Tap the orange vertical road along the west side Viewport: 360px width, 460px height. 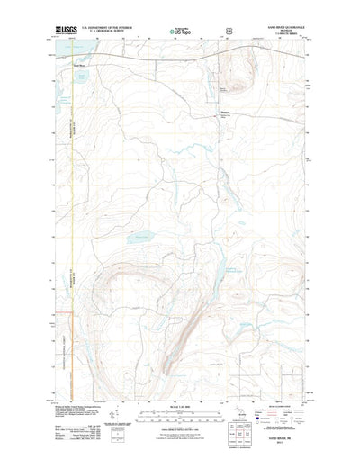71,225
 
